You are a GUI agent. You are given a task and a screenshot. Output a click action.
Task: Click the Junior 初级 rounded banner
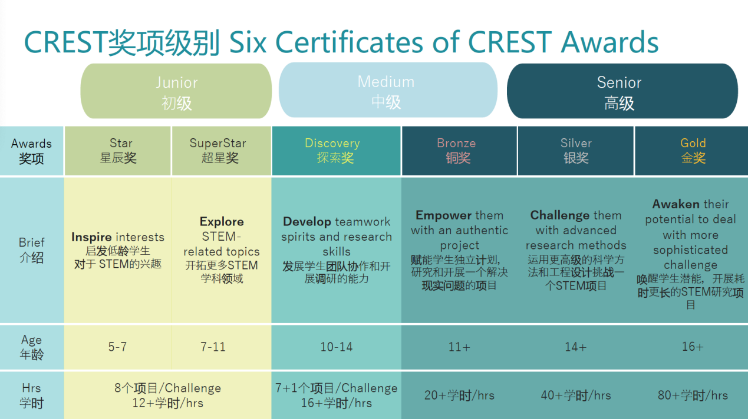176,92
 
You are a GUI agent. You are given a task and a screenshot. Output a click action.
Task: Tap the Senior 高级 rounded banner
621,92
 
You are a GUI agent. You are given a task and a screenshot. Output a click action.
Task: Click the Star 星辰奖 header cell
118,151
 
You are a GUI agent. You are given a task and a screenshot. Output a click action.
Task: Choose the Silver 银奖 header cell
576,151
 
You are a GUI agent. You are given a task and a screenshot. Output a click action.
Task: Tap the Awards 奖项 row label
31,151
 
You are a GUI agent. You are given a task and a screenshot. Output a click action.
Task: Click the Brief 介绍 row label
31,250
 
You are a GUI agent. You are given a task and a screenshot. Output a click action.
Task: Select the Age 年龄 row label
31,347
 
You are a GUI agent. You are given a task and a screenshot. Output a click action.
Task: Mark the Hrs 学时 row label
31,395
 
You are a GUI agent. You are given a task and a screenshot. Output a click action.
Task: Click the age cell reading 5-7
117,347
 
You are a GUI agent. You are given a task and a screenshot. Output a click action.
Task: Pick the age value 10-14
336,347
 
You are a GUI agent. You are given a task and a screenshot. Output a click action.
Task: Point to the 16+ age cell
692,347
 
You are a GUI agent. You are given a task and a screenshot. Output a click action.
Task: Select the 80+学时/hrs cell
692,395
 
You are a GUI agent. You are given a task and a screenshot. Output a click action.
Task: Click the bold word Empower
443,215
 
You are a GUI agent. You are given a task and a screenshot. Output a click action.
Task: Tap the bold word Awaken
675,204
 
